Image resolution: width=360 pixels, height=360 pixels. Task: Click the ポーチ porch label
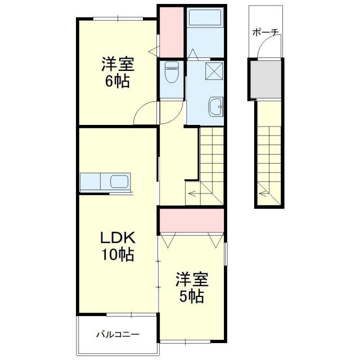click(265, 33)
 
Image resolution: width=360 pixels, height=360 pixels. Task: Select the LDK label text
click(117, 236)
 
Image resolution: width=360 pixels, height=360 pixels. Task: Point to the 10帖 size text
click(117, 255)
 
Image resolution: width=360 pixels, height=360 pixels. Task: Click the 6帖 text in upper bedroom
click(117, 81)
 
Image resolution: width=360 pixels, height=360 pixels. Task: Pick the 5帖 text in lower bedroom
click(192, 296)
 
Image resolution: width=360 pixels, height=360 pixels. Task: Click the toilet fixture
click(172, 72)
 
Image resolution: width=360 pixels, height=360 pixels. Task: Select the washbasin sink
click(216, 106)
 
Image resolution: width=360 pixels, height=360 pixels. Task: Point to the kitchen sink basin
click(120, 182)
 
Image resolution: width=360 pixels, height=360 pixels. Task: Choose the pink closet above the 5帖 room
click(192, 220)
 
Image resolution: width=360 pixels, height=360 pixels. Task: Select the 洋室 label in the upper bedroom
click(117, 62)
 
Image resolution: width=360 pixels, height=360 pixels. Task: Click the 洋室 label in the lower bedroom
click(192, 278)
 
